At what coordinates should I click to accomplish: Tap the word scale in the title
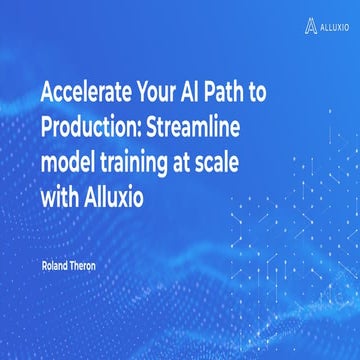(226, 161)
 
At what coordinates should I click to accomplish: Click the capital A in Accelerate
(47, 93)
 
